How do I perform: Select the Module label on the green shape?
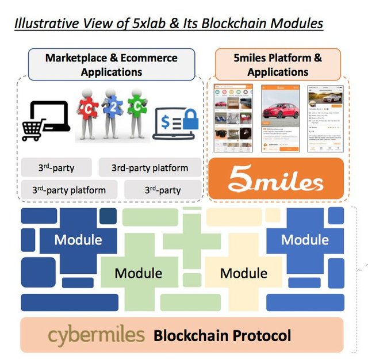pyautogui.click(x=138, y=273)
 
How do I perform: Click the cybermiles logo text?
pyautogui.click(x=96, y=335)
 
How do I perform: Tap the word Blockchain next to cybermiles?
pyautogui.click(x=187, y=335)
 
